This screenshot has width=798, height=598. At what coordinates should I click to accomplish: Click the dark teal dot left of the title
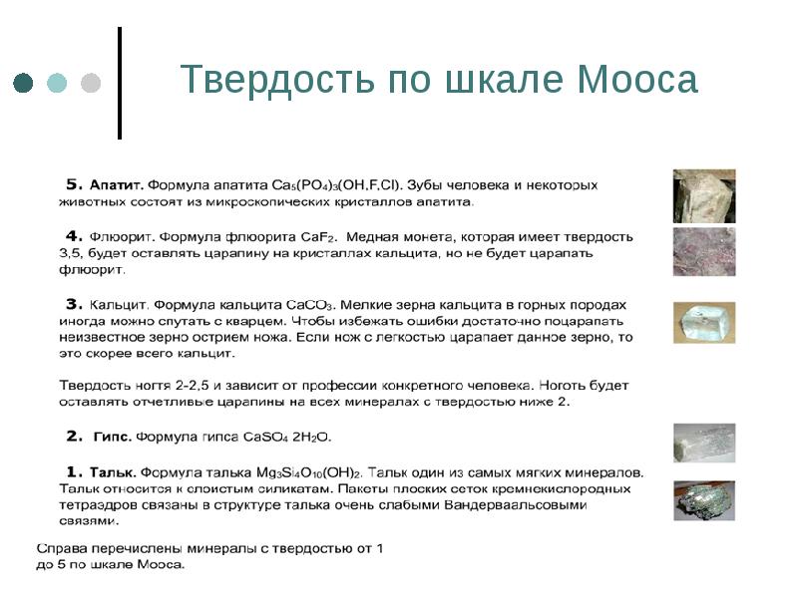[x=24, y=83]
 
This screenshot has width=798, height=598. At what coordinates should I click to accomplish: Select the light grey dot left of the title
[x=91, y=83]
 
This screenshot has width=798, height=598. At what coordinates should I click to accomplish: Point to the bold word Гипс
[x=112, y=437]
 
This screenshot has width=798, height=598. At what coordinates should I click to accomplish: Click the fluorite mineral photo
[x=704, y=251]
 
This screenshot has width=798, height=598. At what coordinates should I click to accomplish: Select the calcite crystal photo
[x=704, y=323]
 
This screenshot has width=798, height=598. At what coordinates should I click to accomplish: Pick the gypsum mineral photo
[x=704, y=443]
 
